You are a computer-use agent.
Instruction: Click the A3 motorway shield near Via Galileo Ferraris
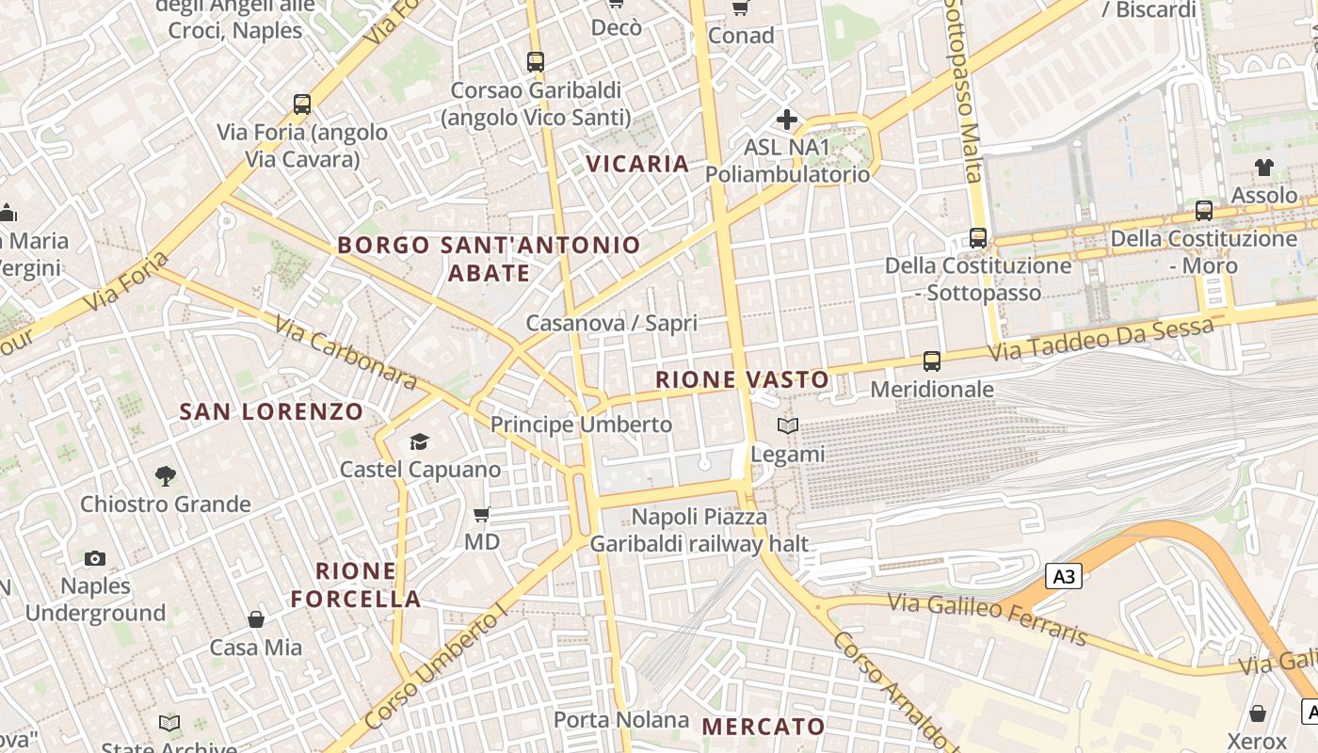click(x=1064, y=576)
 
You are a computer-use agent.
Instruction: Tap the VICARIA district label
click(x=637, y=164)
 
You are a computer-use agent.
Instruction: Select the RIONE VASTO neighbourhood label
click(x=742, y=380)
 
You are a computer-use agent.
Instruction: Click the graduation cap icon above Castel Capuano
click(x=419, y=441)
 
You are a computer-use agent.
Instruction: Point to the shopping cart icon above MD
click(x=482, y=515)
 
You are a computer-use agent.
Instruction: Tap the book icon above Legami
click(x=788, y=426)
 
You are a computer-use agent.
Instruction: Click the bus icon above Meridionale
click(x=932, y=360)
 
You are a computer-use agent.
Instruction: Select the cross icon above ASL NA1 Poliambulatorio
click(x=787, y=120)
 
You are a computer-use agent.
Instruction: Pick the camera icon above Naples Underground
click(x=94, y=559)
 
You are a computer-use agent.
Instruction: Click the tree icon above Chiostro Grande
click(x=166, y=476)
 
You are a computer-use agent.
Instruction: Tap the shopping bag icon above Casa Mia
click(x=256, y=619)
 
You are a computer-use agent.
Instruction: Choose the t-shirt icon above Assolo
click(x=1263, y=168)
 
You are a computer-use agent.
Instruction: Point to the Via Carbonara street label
click(x=346, y=353)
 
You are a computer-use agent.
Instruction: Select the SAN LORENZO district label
click(x=271, y=411)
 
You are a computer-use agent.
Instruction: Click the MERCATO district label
click(x=763, y=727)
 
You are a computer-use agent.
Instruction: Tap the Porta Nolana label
click(x=621, y=720)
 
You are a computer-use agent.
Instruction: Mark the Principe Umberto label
click(x=581, y=425)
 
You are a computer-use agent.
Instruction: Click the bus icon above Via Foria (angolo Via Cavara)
click(x=302, y=104)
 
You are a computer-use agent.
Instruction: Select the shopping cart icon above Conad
click(x=741, y=8)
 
